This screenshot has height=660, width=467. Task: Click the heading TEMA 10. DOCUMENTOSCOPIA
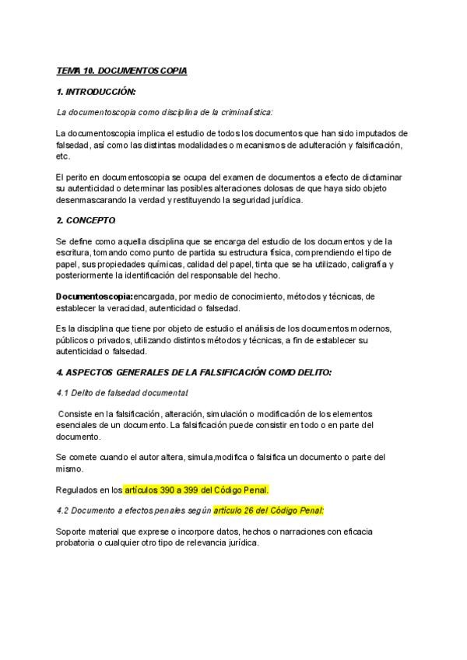(121, 71)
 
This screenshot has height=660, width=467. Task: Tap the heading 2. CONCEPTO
(86, 220)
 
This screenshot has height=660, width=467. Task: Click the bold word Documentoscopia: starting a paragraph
(94, 297)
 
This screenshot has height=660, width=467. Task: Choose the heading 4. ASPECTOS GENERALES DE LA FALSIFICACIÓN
(195, 372)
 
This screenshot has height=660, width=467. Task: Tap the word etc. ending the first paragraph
(63, 156)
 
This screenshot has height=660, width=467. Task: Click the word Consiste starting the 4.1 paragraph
(79, 414)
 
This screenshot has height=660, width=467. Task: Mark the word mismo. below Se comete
(70, 469)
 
